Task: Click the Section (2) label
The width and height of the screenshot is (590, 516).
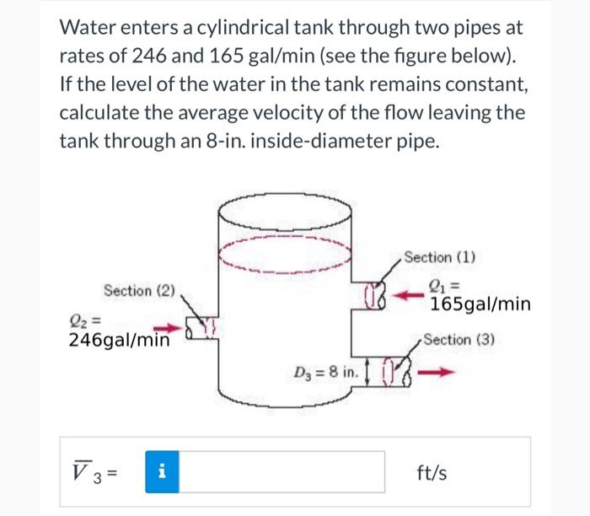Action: click(x=139, y=290)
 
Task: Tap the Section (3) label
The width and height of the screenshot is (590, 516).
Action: click(x=459, y=340)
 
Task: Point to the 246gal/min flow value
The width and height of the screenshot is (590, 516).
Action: click(x=119, y=340)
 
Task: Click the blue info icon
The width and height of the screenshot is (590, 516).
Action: click(x=163, y=473)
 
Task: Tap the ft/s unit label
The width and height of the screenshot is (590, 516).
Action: click(x=432, y=473)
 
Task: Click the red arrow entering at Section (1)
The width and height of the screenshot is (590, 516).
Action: click(x=409, y=296)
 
